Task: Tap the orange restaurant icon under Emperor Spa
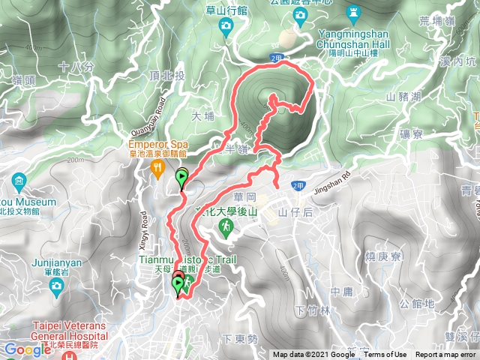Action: click(x=157, y=169)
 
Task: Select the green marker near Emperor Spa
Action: click(x=182, y=178)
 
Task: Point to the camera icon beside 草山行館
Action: click(x=226, y=25)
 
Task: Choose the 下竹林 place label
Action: click(x=308, y=310)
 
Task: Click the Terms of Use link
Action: click(x=385, y=355)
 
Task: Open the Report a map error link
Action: click(x=445, y=355)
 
